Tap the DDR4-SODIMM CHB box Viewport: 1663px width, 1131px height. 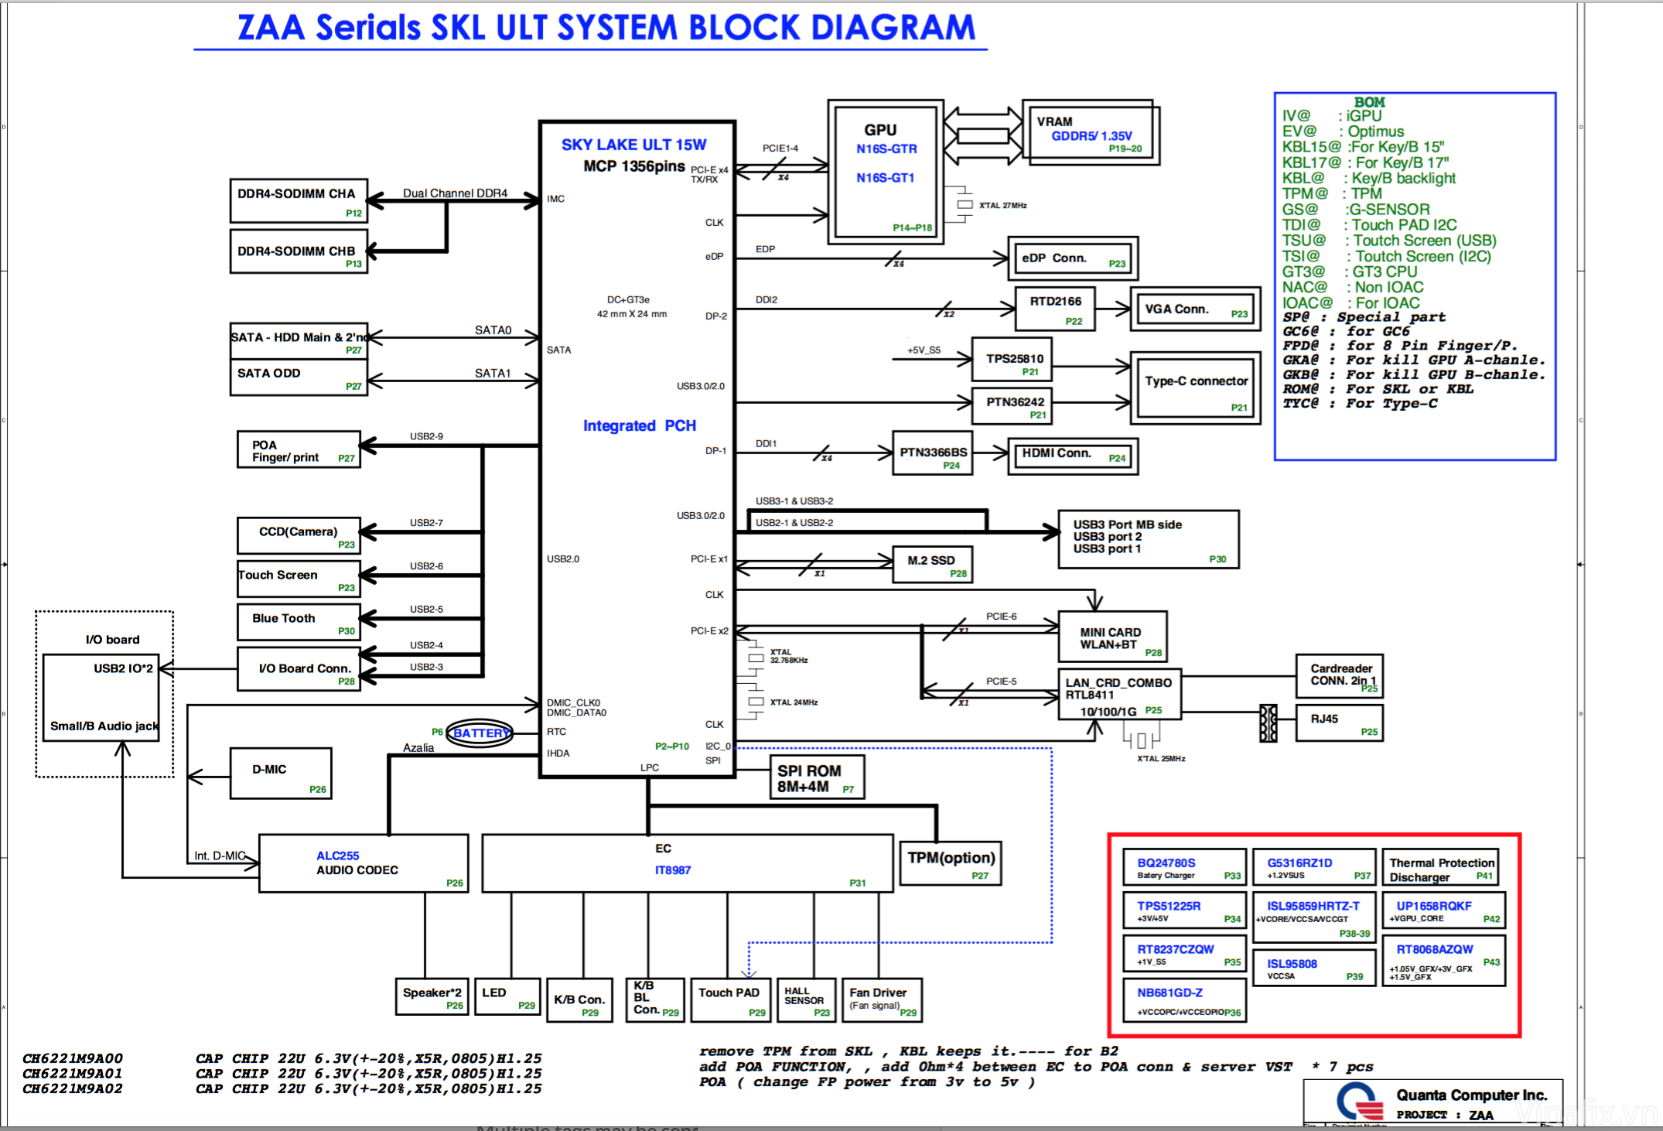point(299,251)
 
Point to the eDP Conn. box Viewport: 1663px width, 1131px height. point(1072,258)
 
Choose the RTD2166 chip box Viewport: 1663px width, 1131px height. point(1056,309)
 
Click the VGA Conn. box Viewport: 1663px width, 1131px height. point(1195,309)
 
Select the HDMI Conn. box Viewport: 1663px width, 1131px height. point(1072,456)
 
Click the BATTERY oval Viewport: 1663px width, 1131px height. point(480,733)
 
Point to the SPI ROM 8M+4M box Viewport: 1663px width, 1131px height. point(817,778)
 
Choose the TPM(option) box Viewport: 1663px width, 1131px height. point(951,863)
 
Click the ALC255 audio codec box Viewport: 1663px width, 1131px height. point(364,863)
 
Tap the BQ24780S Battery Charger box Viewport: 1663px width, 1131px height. point(1183,867)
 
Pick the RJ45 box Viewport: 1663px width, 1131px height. point(1339,723)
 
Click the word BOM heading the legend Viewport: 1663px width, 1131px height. point(1369,102)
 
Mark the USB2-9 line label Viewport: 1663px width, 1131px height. point(426,436)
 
